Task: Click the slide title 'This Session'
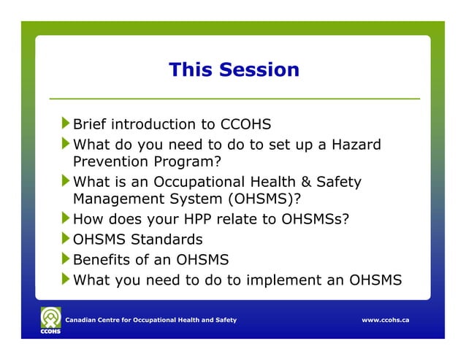234,70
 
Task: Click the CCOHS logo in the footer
50,320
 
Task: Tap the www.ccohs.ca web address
385,321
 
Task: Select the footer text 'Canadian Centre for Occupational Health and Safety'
151,321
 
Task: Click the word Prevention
110,161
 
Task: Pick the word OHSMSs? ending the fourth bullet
321,219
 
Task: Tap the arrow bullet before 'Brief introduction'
66,123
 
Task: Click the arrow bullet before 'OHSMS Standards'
66,239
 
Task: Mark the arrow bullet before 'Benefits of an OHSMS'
66,258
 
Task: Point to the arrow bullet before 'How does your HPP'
66,218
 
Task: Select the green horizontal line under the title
234,98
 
